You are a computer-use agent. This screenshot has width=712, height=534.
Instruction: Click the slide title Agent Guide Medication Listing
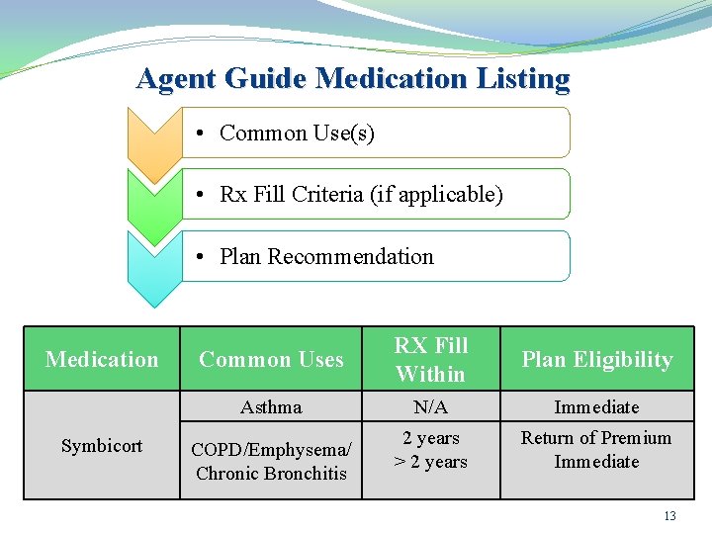coord(353,78)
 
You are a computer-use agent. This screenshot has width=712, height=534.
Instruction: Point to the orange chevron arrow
coord(154,143)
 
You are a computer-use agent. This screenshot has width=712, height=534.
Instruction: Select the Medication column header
coord(102,360)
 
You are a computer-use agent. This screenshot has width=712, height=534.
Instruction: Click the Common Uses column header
coord(271,360)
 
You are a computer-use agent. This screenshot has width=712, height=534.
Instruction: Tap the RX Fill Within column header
coord(430,360)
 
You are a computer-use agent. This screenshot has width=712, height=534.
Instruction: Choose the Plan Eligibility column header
coord(596,360)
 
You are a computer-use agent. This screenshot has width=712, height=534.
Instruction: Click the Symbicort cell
coord(102,446)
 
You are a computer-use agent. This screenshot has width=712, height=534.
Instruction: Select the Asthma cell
coord(271,407)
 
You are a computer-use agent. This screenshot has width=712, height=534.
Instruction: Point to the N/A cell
coord(430,407)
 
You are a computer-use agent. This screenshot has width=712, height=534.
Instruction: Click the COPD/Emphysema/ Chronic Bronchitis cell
coord(271,461)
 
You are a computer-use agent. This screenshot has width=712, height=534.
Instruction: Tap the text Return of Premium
coord(596,438)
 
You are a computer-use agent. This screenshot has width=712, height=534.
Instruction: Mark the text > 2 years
coord(430,462)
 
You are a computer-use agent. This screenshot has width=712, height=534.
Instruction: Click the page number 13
coord(669,516)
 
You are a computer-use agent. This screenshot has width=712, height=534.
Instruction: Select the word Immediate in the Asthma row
coord(596,407)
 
